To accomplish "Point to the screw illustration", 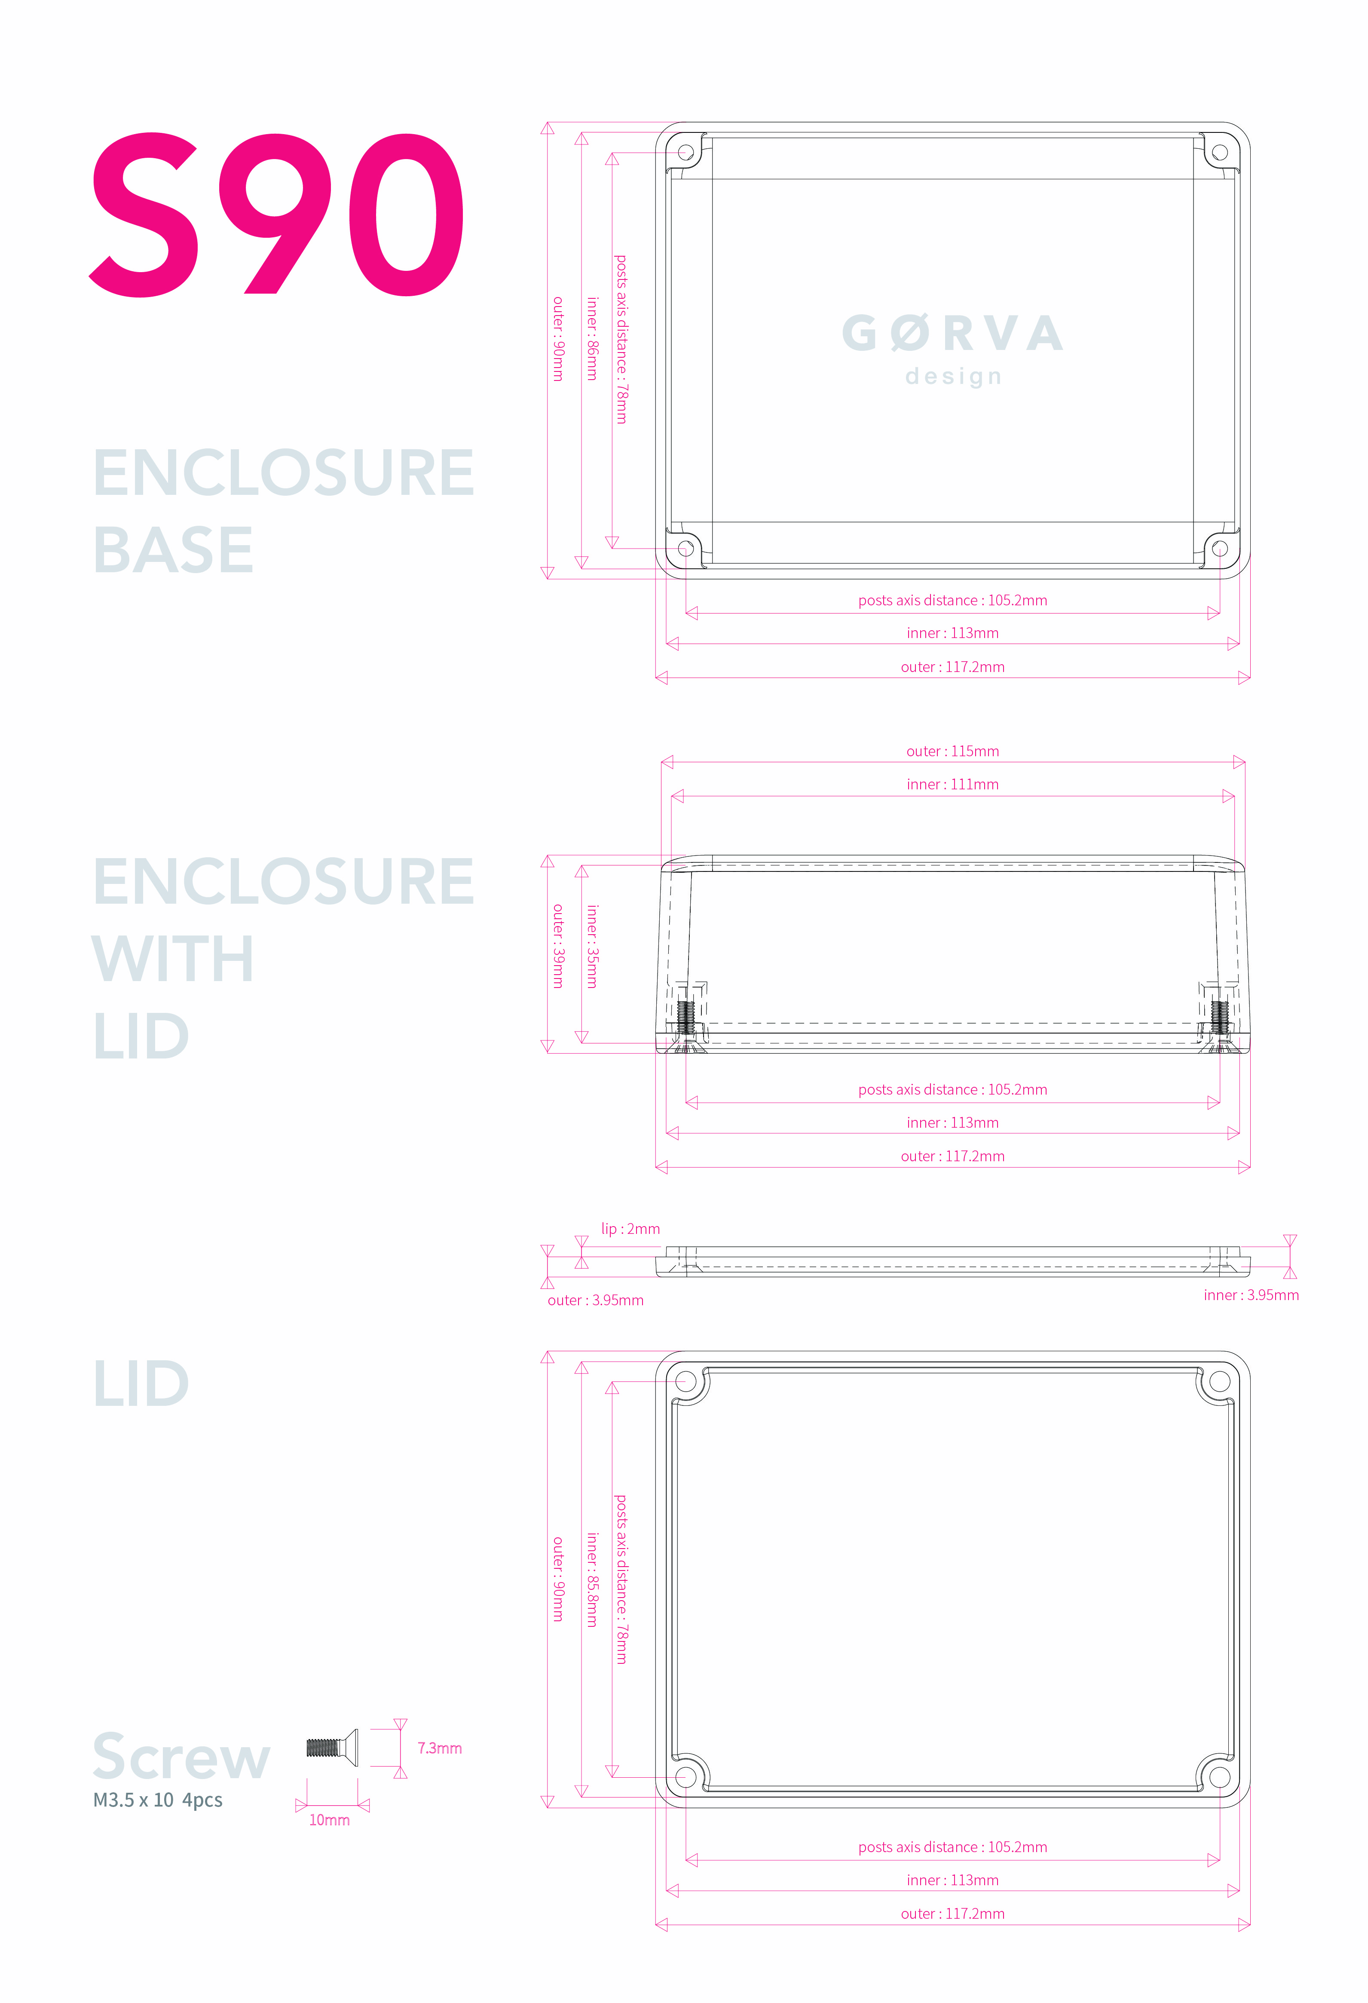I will click(x=332, y=1748).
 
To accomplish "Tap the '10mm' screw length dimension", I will click(x=329, y=1820).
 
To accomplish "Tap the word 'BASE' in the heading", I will click(x=172, y=550).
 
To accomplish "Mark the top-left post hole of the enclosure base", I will click(x=686, y=153).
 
